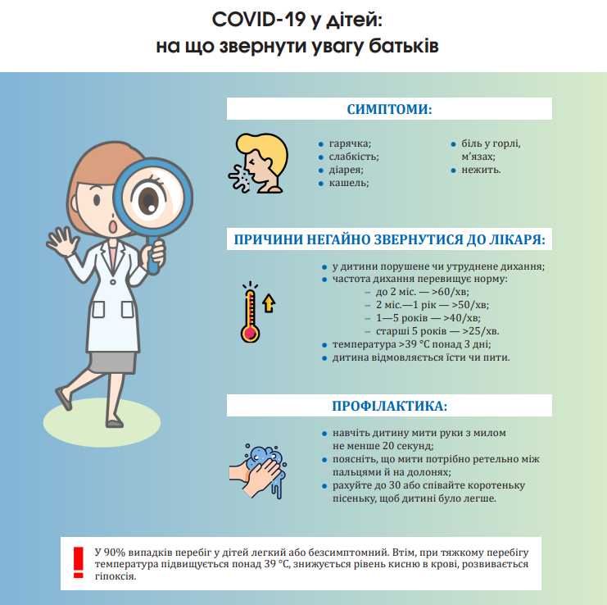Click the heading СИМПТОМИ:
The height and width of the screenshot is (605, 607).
[x=389, y=110]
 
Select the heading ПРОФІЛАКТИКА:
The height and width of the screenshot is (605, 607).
[x=389, y=406]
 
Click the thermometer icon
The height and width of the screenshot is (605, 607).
[x=250, y=314]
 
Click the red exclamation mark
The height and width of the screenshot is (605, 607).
[x=79, y=561]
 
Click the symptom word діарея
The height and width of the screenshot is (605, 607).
[x=346, y=170]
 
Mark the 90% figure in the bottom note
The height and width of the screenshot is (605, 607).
[x=116, y=553]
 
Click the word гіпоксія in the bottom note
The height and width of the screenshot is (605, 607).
[x=115, y=576]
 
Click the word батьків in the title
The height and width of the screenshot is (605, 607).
[x=403, y=46]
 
